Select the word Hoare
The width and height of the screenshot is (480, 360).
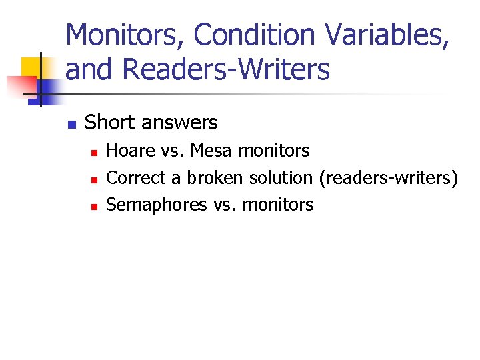[130, 151]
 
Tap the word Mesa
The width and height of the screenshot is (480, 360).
[211, 151]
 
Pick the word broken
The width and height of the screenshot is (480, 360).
[215, 178]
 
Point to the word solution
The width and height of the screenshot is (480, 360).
[280, 178]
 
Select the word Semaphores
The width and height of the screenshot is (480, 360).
[157, 205]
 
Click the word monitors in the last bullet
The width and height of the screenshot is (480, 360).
[277, 205]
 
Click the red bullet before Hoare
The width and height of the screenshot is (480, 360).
[94, 153]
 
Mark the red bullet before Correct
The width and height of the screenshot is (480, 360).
[94, 179]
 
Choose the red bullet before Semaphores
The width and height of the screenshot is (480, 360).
[94, 207]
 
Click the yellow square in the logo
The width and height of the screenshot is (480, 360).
[31, 67]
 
